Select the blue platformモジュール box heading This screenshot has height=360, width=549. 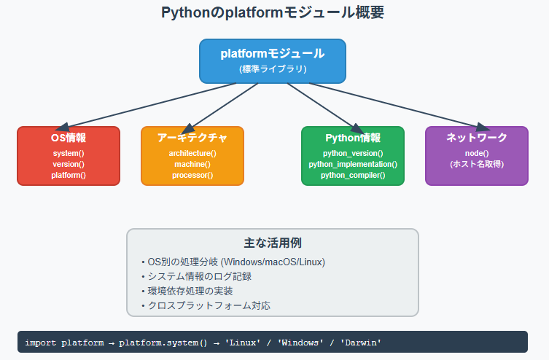pos(272,54)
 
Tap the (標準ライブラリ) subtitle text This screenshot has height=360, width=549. pos(272,69)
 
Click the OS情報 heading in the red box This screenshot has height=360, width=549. pos(69,138)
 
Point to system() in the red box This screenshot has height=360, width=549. pos(69,154)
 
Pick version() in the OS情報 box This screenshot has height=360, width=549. pos(69,165)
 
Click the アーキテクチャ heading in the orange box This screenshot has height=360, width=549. pos(192,138)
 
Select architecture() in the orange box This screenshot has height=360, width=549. pos(192,154)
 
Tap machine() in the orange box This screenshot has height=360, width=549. pos(192,165)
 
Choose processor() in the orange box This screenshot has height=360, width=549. pos(192,176)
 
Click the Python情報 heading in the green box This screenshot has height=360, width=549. pos(353,138)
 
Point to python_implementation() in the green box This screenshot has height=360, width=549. pos(353,165)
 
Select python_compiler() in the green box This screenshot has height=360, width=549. pos(353,176)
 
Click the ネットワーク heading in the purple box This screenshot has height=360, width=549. pos(477,138)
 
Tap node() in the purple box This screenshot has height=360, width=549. pos(477,154)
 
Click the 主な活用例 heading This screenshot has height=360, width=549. pos(272,243)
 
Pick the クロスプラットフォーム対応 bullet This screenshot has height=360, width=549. pos(208,305)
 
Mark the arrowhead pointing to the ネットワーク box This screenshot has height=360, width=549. pos(481,127)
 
